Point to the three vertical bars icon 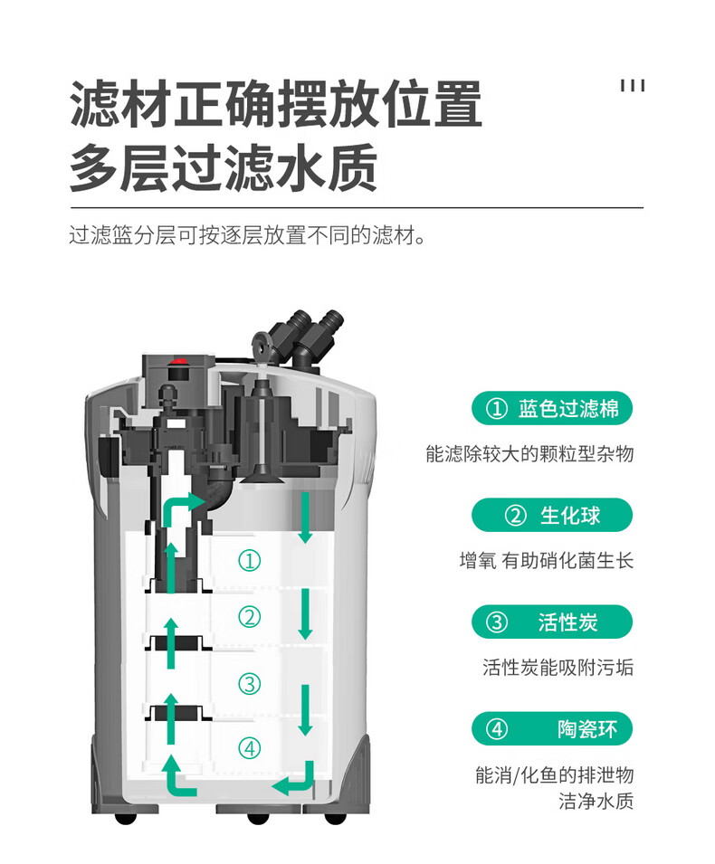coord(633,86)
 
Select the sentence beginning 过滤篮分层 coord(247,237)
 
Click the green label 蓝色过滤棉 coord(551,409)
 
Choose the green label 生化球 coord(551,516)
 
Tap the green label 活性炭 coord(551,622)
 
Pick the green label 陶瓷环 coord(551,729)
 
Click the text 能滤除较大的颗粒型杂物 coord(529,454)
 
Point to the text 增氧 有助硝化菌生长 coord(546,561)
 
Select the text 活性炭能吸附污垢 coord(558,668)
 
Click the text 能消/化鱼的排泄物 coord(554,775)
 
